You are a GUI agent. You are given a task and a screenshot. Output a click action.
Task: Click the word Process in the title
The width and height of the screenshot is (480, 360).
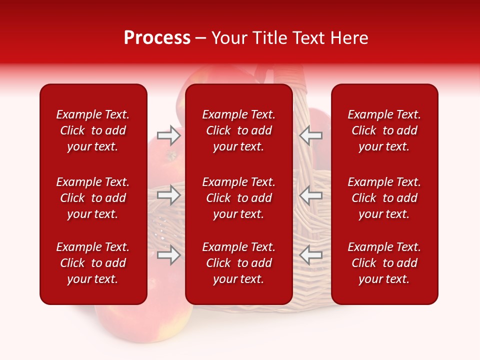(x=157, y=38)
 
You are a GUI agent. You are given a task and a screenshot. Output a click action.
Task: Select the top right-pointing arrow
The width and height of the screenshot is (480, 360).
(x=168, y=135)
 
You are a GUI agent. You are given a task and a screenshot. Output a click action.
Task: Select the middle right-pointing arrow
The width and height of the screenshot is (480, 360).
(x=168, y=195)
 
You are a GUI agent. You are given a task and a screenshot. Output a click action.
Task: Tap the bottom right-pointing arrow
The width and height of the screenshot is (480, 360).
(x=168, y=255)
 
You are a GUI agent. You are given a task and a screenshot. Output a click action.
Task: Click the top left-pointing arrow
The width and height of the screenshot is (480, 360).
(x=311, y=135)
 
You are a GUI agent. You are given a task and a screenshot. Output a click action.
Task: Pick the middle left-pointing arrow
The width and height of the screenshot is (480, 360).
(x=311, y=195)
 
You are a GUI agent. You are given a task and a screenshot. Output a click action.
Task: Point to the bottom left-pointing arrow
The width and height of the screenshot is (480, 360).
(x=311, y=255)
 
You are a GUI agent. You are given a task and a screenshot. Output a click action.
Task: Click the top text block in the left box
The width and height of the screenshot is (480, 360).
(x=93, y=130)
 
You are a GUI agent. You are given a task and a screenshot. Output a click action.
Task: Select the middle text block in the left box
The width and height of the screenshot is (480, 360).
(x=93, y=198)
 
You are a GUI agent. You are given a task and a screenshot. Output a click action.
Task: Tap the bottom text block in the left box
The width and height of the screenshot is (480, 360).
(x=93, y=263)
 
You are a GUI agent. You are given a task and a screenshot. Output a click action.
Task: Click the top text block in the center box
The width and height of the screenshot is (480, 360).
(x=238, y=130)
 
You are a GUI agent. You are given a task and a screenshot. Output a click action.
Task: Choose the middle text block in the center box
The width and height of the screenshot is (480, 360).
(x=238, y=198)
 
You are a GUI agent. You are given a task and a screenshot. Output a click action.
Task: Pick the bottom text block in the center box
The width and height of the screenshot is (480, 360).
(x=238, y=263)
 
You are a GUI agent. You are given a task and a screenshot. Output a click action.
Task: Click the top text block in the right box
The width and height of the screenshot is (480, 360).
(x=384, y=130)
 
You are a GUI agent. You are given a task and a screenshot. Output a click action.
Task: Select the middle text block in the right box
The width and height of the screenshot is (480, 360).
(x=384, y=198)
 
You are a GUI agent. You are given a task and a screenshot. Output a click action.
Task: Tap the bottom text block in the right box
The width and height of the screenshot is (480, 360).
(x=384, y=263)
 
